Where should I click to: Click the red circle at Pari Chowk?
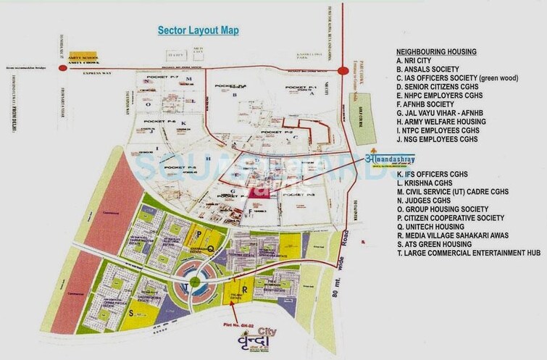341,70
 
